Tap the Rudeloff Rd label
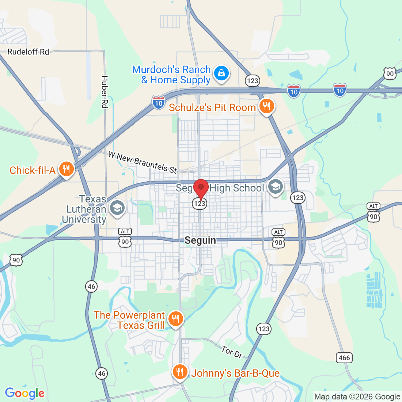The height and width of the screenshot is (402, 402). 28,52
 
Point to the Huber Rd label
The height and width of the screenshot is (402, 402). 105,92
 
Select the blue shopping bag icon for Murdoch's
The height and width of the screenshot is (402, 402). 221,73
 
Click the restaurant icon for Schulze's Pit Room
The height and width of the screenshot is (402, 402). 267,106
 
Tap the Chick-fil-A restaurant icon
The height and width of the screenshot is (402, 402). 66,169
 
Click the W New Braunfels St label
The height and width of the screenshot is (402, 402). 143,162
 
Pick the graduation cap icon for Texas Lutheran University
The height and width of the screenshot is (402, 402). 117,208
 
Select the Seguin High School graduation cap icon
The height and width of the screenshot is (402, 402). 275,187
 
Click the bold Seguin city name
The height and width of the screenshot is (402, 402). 200,240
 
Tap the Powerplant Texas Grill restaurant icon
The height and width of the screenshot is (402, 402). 176,318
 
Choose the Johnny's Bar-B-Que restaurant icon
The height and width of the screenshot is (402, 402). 179,372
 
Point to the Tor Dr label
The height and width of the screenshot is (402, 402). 232,352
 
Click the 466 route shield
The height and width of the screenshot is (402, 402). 344,358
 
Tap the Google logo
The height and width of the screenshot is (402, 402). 24,393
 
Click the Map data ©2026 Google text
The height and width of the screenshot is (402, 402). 357,397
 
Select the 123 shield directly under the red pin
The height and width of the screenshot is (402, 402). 200,204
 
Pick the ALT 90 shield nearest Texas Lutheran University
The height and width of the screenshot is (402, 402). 125,238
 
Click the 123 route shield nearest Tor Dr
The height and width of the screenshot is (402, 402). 263,329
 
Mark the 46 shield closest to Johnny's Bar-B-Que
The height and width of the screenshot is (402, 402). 102,373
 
